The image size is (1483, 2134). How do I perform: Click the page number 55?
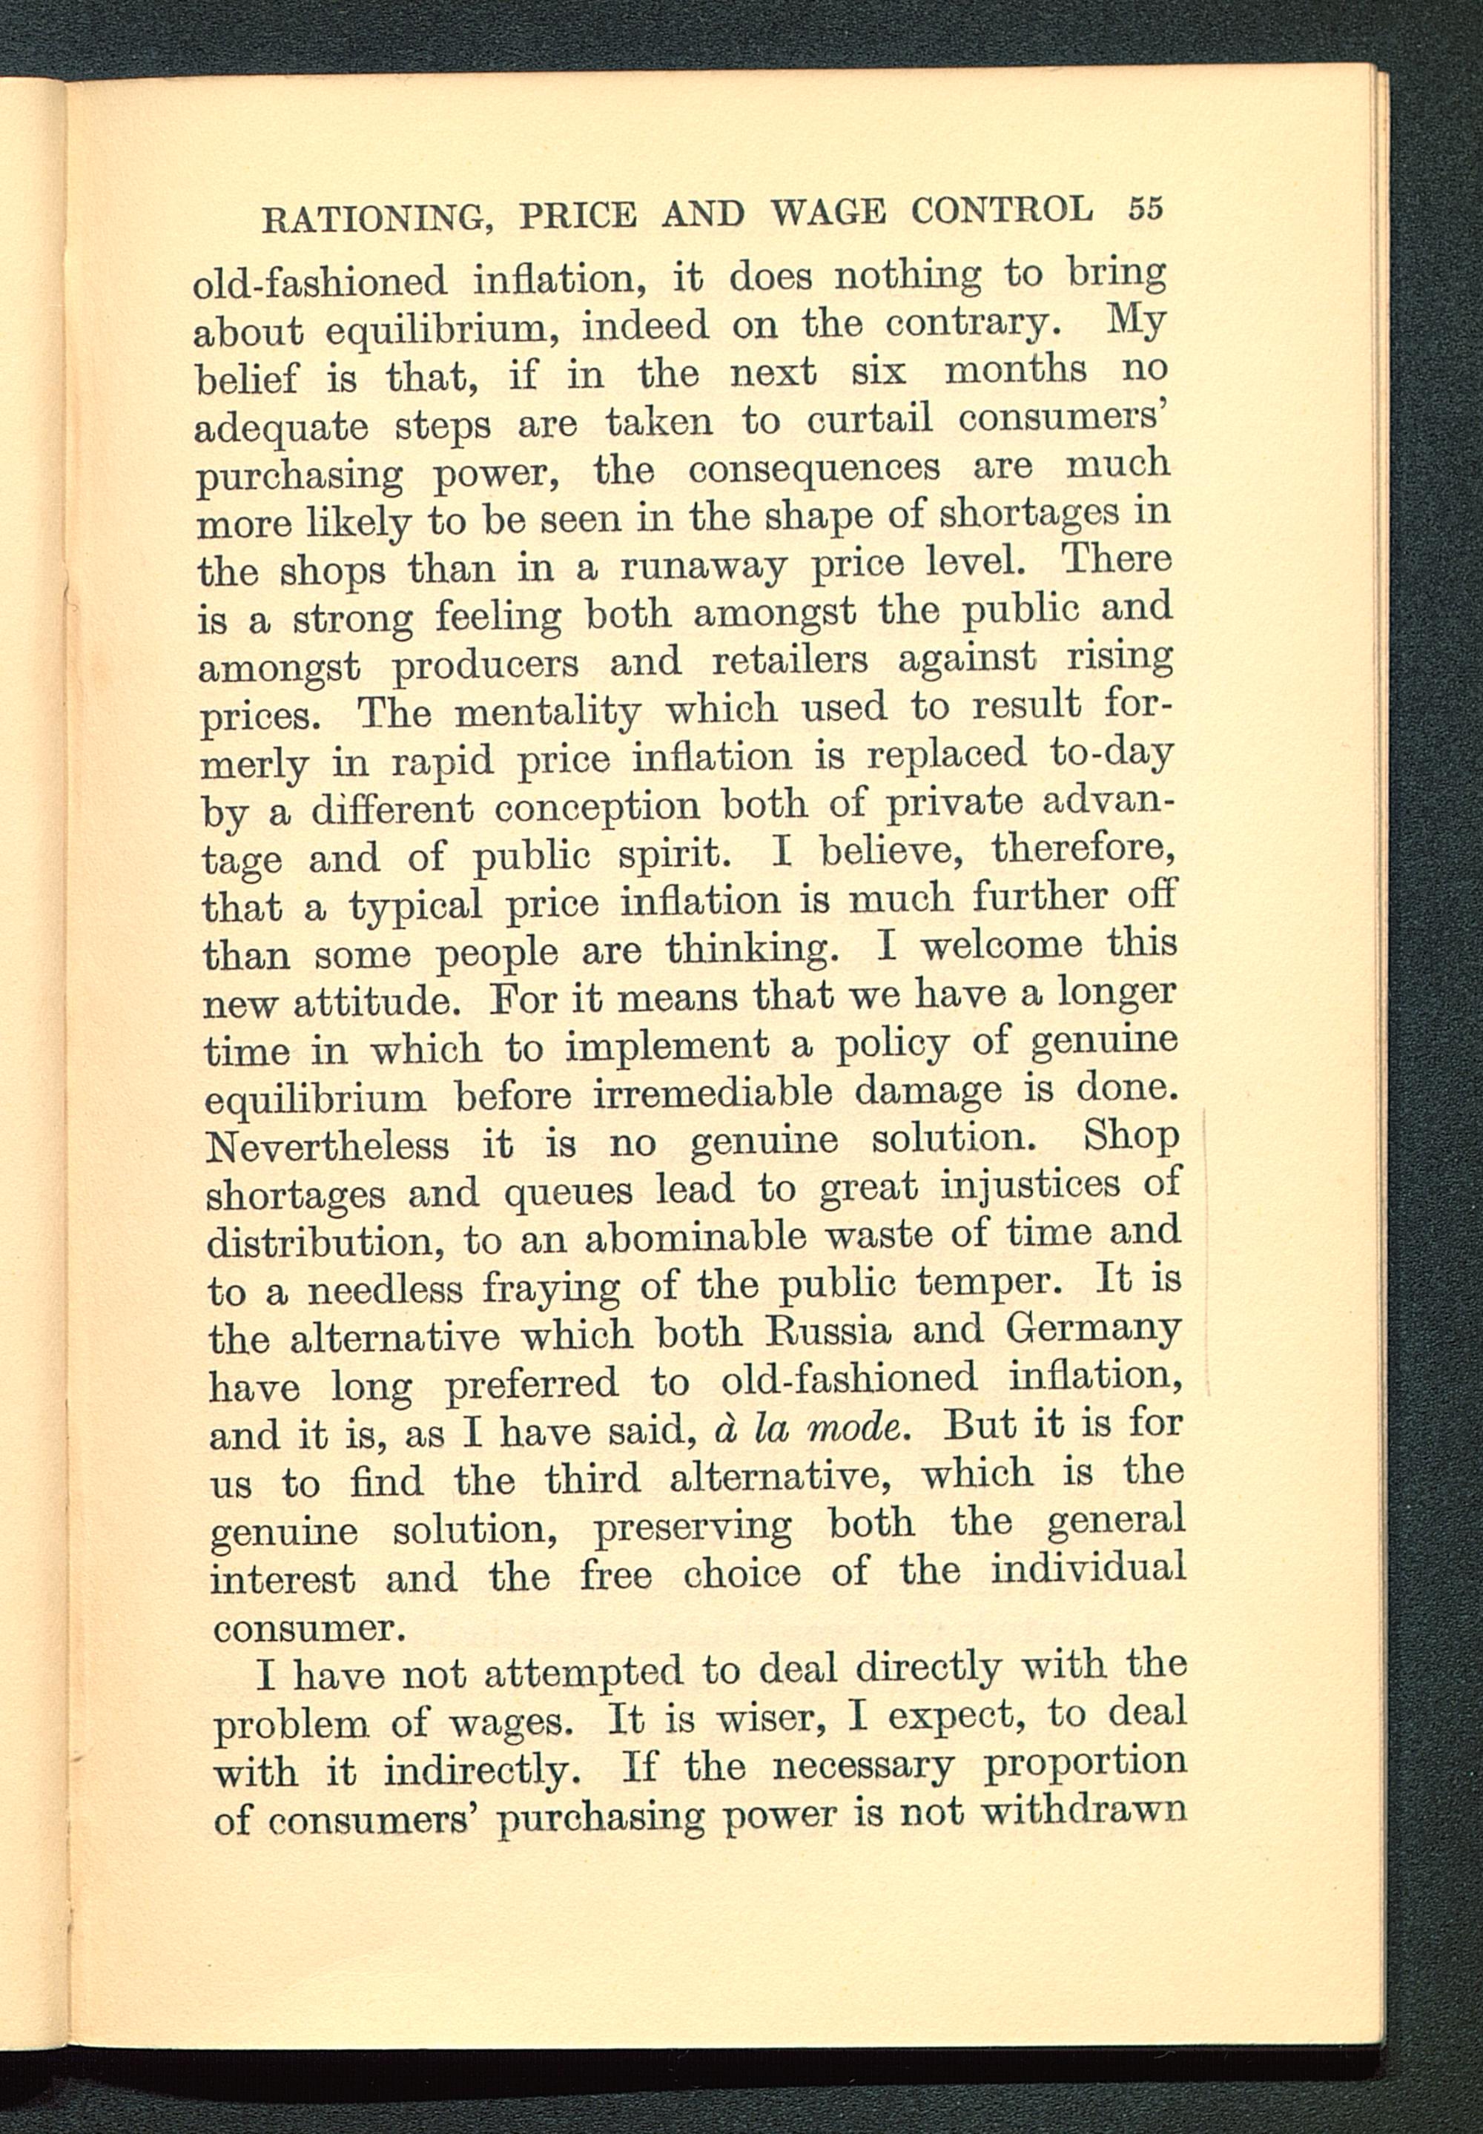tap(1145, 208)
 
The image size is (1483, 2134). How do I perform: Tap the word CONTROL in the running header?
tap(1002, 210)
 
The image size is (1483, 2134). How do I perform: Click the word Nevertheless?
tap(327, 1146)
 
